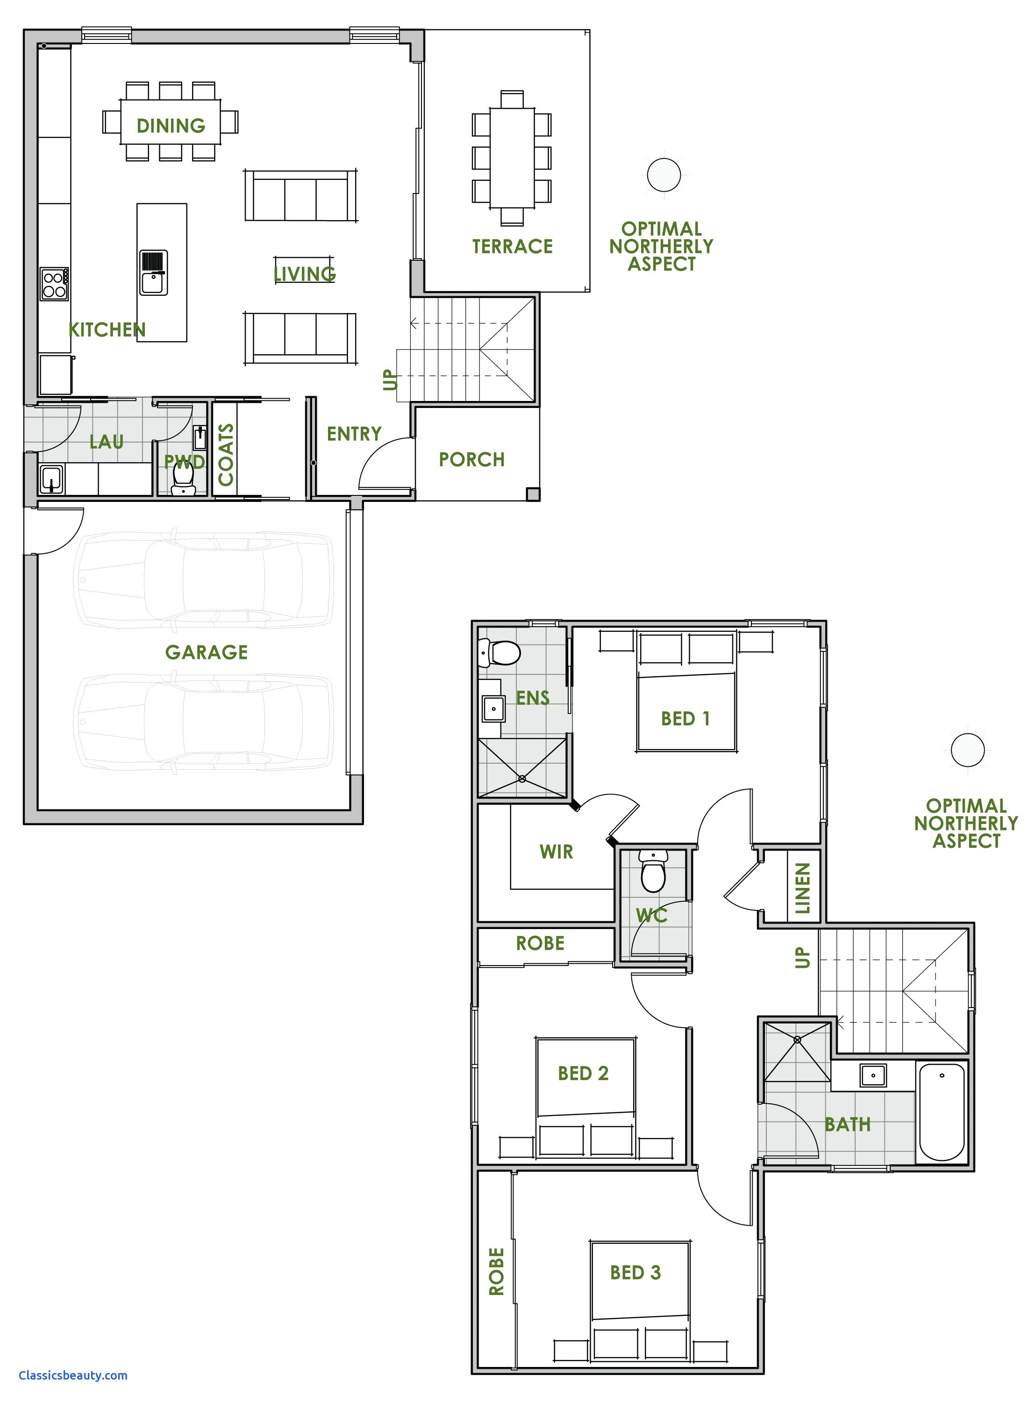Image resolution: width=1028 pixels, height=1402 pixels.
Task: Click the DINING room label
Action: (171, 126)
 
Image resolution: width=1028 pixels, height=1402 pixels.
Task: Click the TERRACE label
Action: (512, 246)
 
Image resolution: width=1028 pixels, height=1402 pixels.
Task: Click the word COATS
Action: (226, 454)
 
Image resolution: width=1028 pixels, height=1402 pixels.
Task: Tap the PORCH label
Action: (471, 459)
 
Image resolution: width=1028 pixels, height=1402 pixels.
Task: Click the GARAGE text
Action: (206, 652)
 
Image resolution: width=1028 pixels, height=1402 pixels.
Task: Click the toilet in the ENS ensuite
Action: (501, 653)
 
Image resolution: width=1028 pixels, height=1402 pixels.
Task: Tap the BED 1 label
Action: (685, 719)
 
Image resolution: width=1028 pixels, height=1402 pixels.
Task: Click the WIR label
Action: (557, 851)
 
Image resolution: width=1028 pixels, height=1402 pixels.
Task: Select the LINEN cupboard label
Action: (803, 888)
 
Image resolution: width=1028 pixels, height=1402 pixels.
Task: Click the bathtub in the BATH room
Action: (942, 1112)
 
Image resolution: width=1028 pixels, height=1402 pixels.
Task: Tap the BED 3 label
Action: (635, 1273)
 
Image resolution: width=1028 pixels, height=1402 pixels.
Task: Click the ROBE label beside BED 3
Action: (497, 1272)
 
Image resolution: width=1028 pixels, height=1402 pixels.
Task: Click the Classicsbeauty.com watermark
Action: (73, 1374)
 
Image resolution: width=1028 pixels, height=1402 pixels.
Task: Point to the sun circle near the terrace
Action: (664, 175)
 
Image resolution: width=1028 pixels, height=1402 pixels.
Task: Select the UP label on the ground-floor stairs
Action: (390, 379)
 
